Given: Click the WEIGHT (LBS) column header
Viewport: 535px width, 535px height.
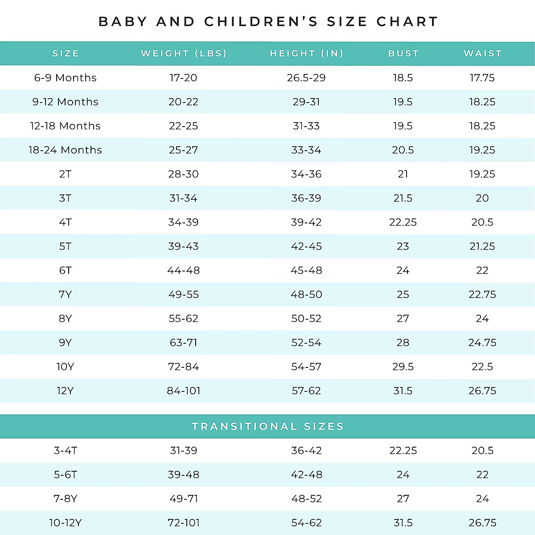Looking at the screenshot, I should (184, 53).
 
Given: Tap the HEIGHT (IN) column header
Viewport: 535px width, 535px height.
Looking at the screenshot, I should (307, 53).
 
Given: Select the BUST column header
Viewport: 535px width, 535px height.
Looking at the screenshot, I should (403, 53).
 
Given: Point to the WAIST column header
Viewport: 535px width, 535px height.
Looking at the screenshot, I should (483, 53).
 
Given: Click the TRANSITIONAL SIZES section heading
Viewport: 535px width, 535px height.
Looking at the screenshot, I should (268, 427).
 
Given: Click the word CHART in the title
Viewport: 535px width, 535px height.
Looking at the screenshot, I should (407, 21).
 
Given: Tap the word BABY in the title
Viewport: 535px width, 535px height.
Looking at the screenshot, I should (123, 21).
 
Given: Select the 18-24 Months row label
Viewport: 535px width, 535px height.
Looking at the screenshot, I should (66, 150).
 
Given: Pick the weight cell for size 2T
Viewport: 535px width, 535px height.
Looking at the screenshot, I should (183, 174).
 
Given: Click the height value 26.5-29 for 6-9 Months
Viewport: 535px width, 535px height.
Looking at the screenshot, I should (306, 78).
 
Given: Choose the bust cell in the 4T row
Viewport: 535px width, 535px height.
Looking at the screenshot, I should (403, 222).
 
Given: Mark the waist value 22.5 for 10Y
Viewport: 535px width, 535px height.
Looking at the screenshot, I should (482, 366).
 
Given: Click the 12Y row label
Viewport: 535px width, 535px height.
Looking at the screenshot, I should (65, 391).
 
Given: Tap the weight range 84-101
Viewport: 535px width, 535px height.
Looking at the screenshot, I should (183, 391).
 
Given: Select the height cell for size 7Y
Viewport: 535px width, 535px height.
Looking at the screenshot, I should (306, 294).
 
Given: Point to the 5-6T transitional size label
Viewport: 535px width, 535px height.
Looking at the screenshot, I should (66, 474).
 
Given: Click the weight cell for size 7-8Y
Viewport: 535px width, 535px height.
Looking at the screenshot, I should (183, 498).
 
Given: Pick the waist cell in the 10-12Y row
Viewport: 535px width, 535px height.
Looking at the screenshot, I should (482, 523).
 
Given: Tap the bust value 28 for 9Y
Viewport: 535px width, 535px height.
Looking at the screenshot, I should (403, 342).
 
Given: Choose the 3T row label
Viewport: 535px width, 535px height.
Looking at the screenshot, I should (65, 198).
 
